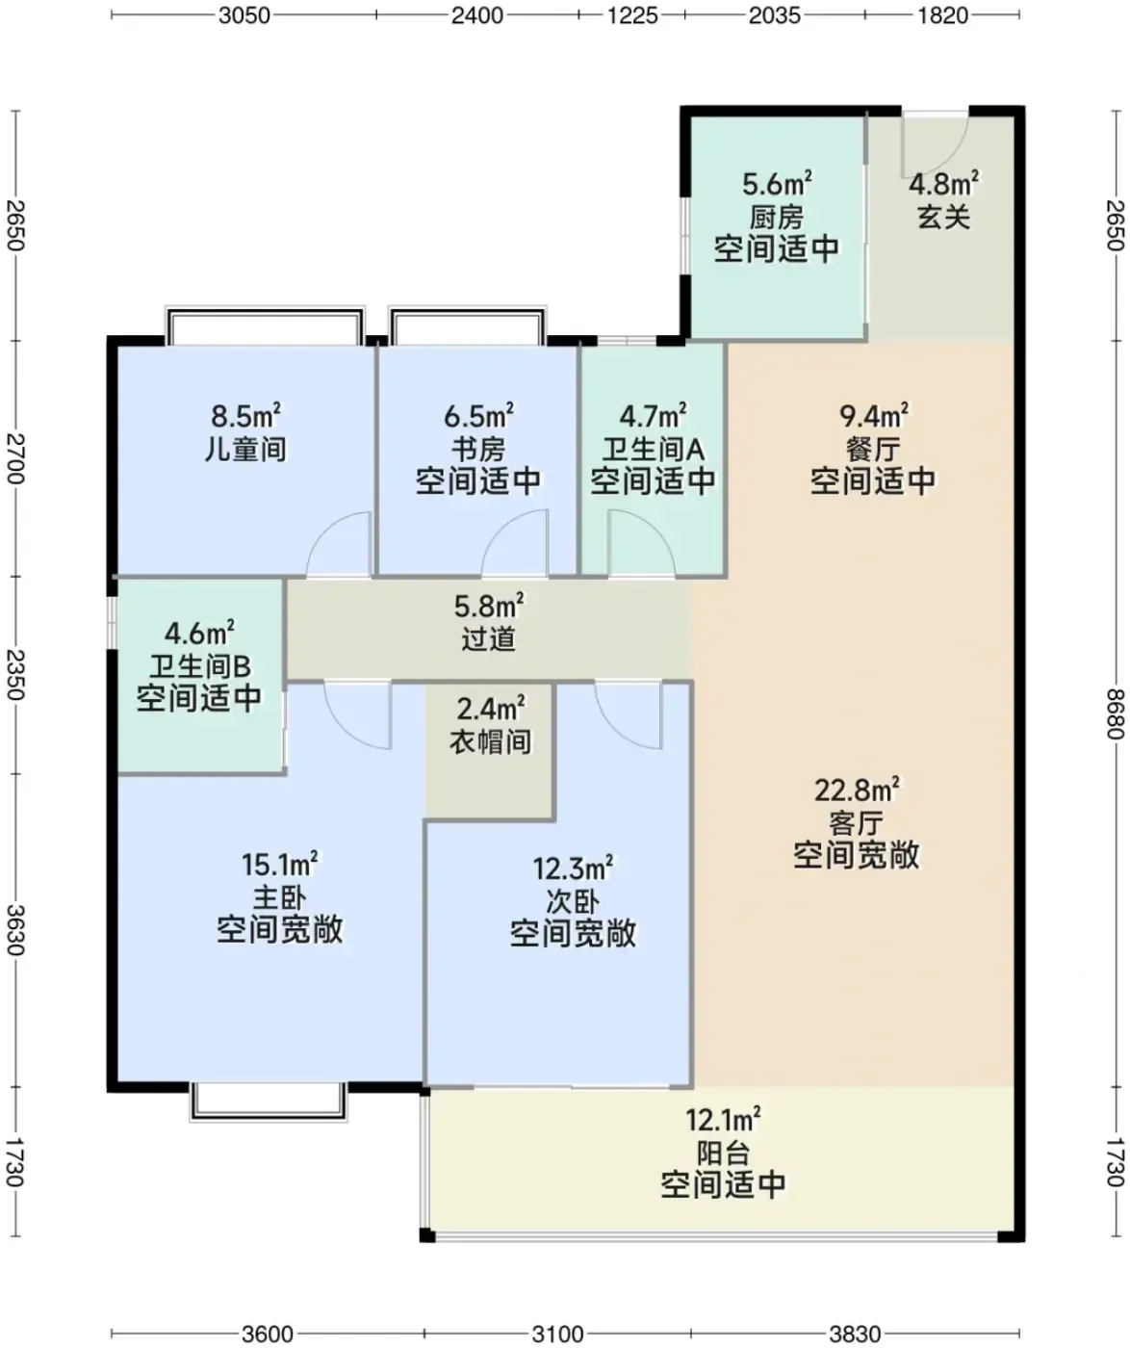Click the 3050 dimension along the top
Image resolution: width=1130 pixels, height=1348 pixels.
click(x=244, y=14)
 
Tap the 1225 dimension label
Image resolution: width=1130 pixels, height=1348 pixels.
click(x=631, y=14)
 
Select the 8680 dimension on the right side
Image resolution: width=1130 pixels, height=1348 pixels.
click(x=1116, y=713)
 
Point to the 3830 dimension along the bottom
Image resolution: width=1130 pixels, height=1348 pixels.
click(x=855, y=1334)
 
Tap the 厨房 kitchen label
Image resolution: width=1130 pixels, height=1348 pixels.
click(x=777, y=217)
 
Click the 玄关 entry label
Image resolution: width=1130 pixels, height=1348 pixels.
click(x=943, y=217)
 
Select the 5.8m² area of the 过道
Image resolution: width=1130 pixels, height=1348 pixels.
click(x=489, y=607)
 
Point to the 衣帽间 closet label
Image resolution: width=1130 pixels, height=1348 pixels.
click(x=491, y=741)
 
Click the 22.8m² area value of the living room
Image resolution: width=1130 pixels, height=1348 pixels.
click(x=857, y=790)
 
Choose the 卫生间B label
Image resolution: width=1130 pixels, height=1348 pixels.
click(x=199, y=665)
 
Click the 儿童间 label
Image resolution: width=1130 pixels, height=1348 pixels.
click(x=245, y=449)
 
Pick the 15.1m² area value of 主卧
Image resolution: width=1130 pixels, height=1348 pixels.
click(x=279, y=865)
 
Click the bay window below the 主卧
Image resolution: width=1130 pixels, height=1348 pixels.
click(x=268, y=1102)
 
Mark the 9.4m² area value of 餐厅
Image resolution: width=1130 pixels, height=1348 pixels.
click(x=873, y=416)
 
